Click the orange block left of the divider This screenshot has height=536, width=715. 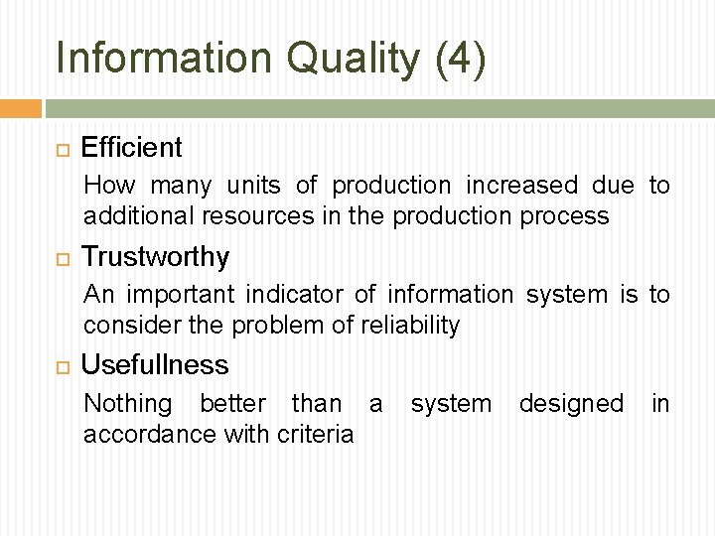click(21, 108)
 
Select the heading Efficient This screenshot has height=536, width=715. click(132, 148)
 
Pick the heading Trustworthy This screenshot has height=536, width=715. click(155, 257)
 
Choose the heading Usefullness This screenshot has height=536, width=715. click(155, 365)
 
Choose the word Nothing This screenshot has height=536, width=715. click(127, 404)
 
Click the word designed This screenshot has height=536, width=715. click(571, 404)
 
